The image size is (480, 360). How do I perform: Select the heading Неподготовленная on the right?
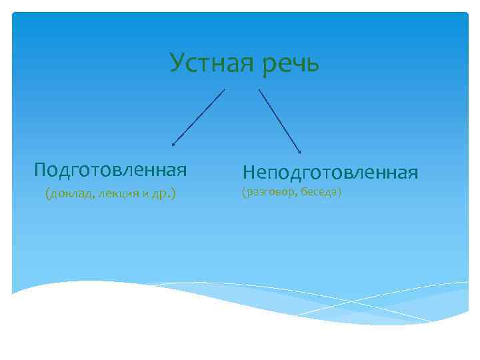(330, 173)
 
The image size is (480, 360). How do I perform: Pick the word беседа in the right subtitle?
(319, 193)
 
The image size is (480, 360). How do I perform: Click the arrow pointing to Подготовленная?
(199, 117)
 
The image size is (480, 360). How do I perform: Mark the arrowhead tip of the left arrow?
(173, 144)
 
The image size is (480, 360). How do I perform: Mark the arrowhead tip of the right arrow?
(300, 153)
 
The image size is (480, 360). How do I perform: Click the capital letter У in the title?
(176, 63)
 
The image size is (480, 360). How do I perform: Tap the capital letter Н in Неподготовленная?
(249, 173)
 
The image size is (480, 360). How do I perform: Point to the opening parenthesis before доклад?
(47, 195)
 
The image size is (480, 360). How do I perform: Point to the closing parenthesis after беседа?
(340, 193)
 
